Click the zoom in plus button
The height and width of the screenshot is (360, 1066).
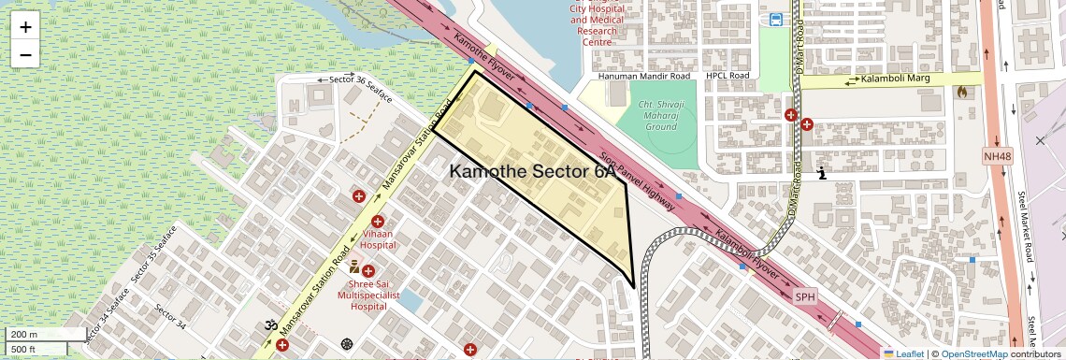(x=25, y=27)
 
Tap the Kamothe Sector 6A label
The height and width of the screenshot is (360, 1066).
(x=533, y=172)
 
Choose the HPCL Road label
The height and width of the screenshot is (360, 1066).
(x=728, y=76)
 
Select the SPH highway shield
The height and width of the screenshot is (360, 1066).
(x=804, y=296)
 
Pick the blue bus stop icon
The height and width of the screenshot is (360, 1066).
(x=776, y=20)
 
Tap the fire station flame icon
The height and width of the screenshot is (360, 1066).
(x=962, y=92)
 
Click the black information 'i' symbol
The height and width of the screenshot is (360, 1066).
(x=822, y=173)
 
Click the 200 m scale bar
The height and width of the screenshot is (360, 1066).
(x=36, y=335)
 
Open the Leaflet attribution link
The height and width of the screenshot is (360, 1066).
(x=903, y=353)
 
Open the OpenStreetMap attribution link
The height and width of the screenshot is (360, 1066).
(x=973, y=353)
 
